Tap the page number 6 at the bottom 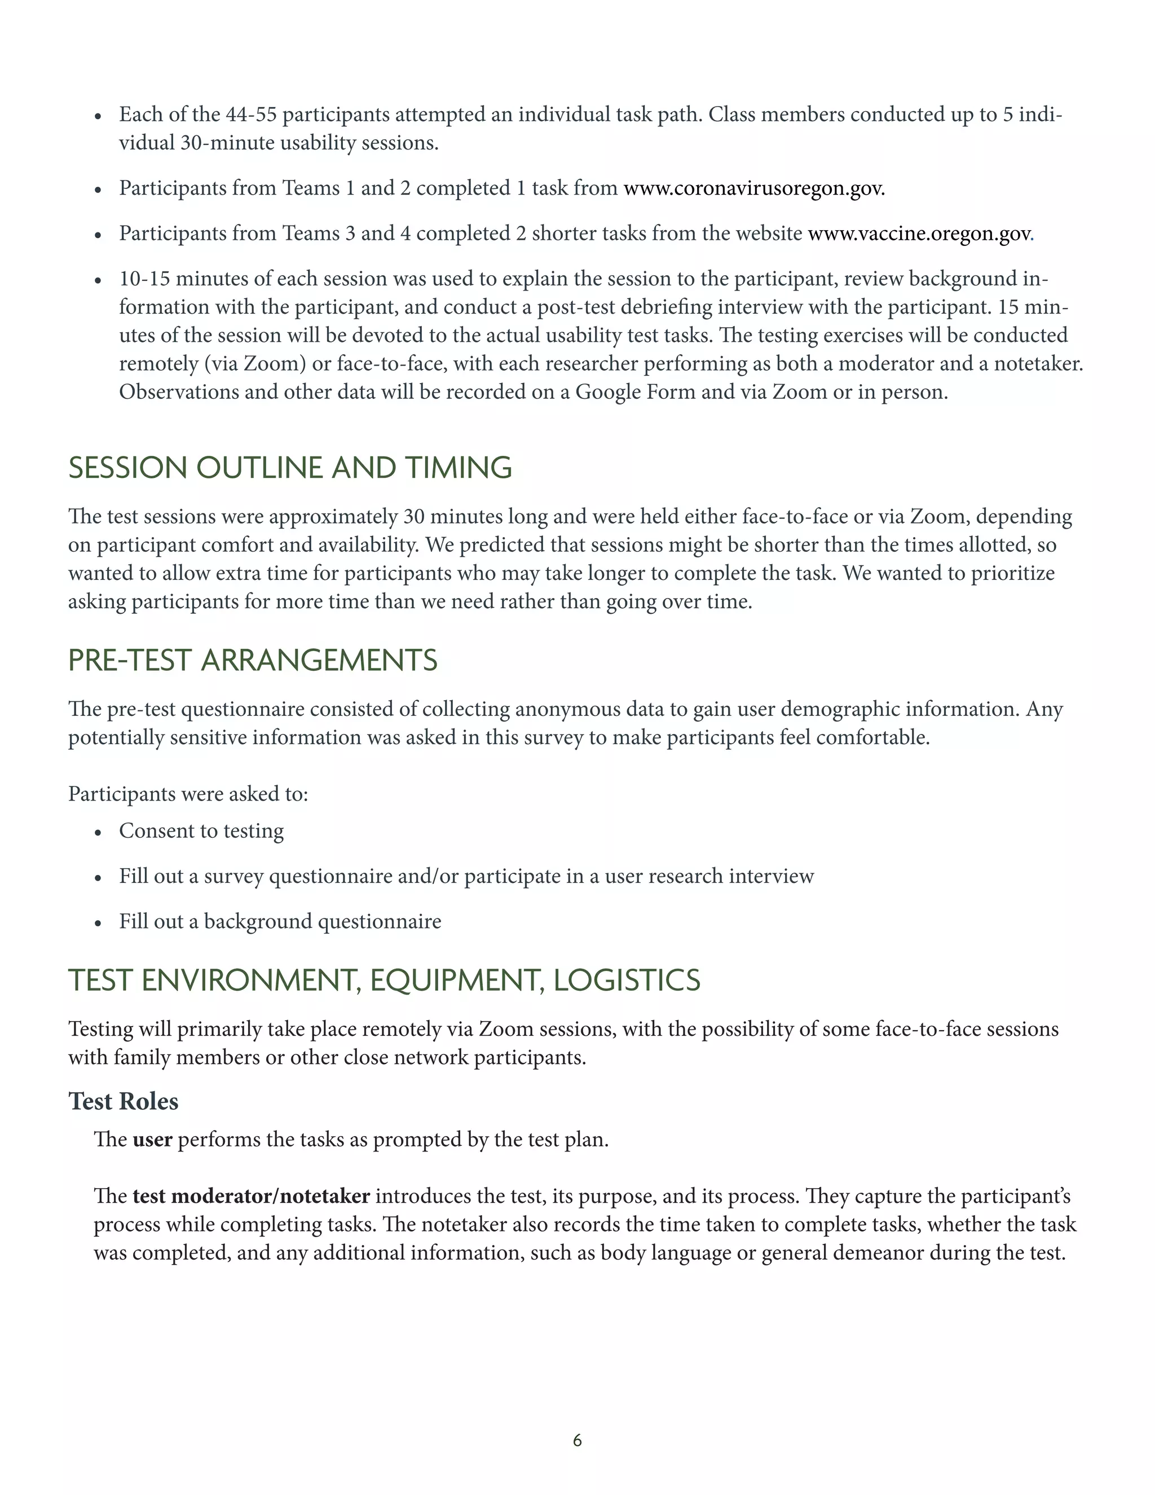pyautogui.click(x=577, y=1441)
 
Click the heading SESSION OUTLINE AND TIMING pyautogui.click(x=290, y=468)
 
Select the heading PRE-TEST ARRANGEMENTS pyautogui.click(x=253, y=661)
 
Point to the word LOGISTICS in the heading pyautogui.click(x=627, y=981)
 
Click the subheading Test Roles pyautogui.click(x=123, y=1101)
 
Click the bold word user pyautogui.click(x=152, y=1140)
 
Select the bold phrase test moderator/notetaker pyautogui.click(x=251, y=1197)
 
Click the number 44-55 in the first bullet pyautogui.click(x=251, y=115)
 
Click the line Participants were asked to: pyautogui.click(x=188, y=795)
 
